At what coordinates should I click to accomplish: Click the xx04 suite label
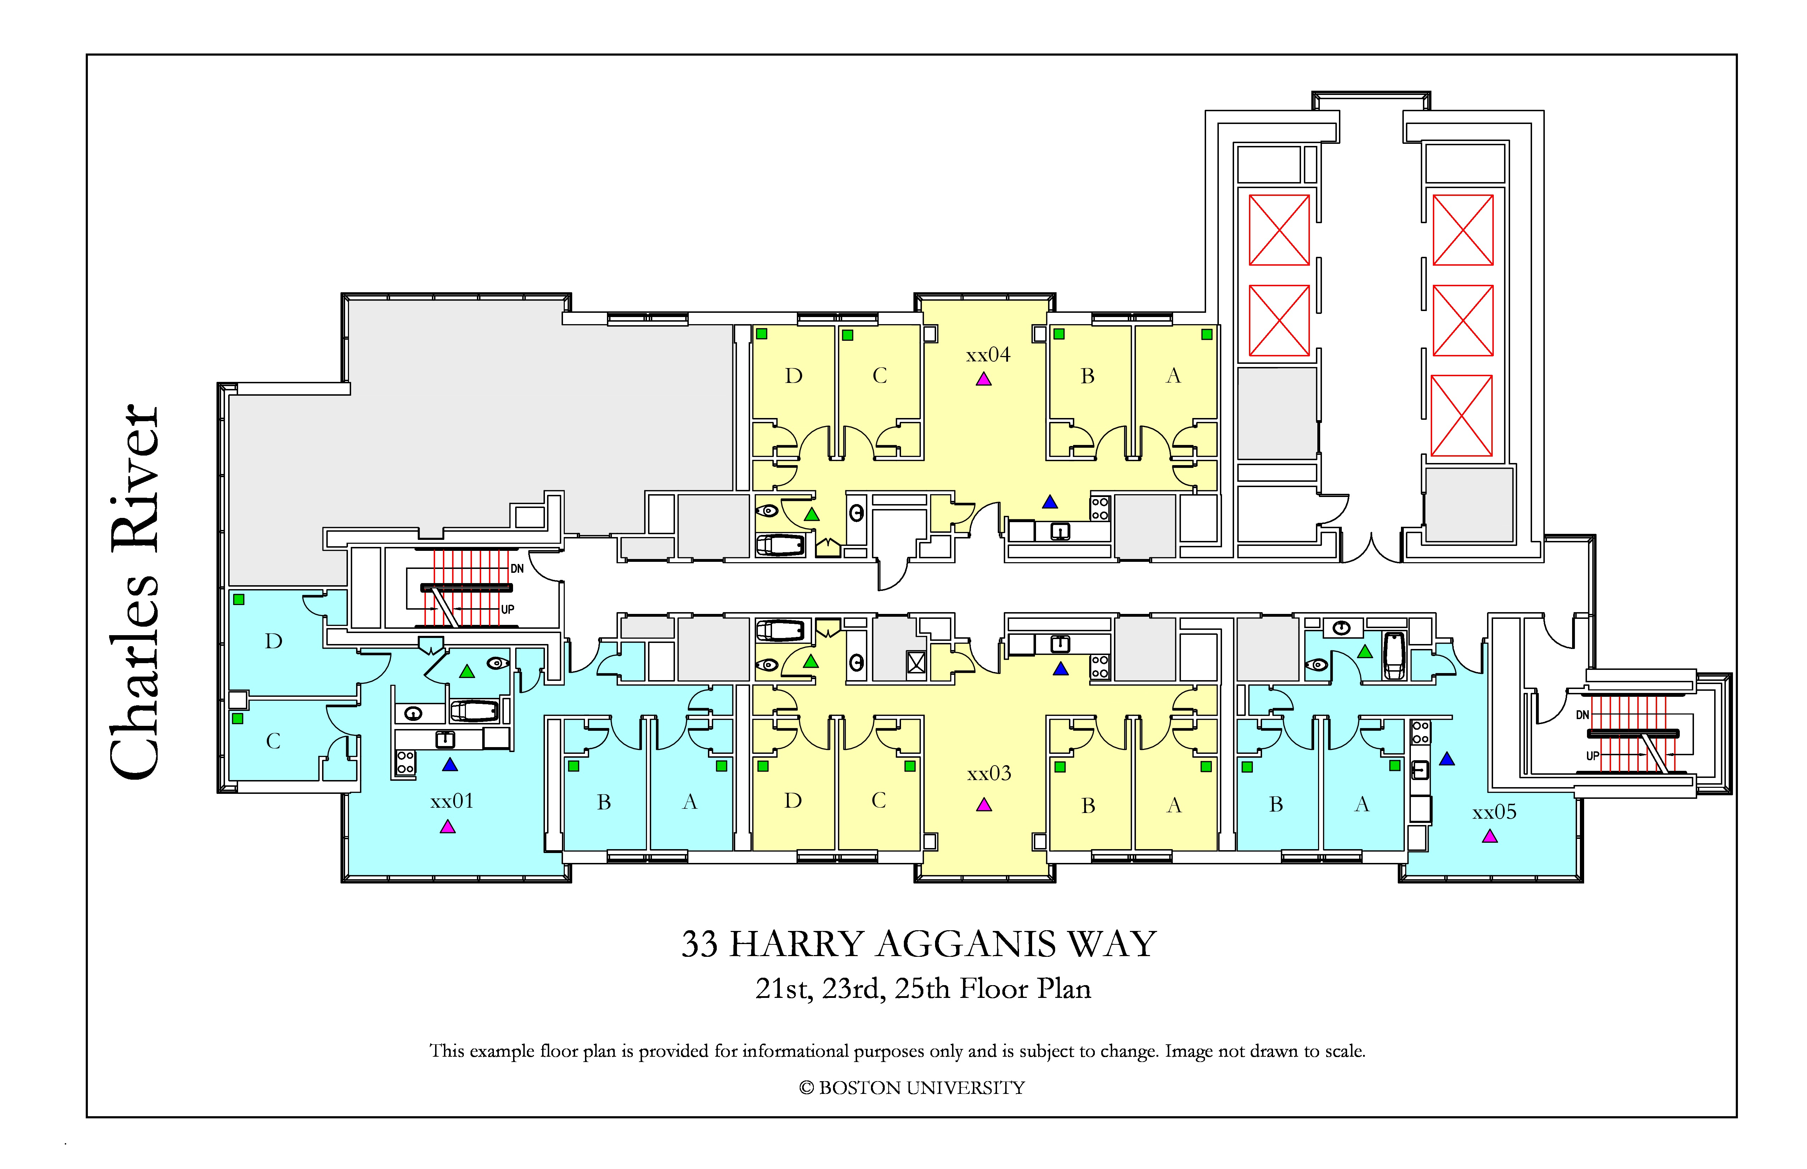pos(988,355)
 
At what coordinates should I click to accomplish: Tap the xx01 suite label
pos(452,801)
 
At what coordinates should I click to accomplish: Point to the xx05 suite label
pos(1494,812)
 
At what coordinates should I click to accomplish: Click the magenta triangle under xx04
pos(984,379)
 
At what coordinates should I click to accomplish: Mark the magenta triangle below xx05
pos(1490,836)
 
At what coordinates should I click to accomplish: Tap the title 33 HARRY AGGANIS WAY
pos(919,944)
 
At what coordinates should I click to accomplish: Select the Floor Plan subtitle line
pos(923,988)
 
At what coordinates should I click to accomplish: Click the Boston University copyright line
pos(912,1088)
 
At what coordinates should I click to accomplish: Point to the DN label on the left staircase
pos(517,569)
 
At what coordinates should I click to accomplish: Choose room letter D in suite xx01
pos(274,642)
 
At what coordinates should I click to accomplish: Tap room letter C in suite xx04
pos(880,376)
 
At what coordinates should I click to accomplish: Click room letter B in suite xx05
pos(1276,804)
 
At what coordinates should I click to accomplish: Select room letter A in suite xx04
pos(1174,376)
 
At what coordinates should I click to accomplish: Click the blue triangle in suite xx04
pos(1050,502)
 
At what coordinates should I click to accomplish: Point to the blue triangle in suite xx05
pos(1447,758)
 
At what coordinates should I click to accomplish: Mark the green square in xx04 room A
pos(1206,334)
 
